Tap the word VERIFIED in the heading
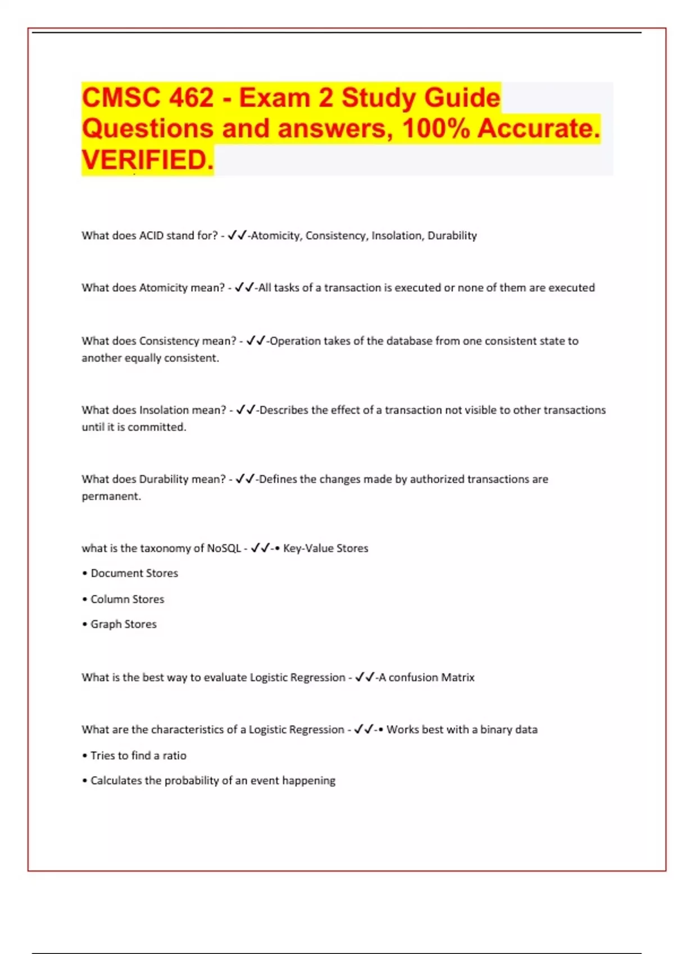coord(147,160)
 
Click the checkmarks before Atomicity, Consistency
coord(237,236)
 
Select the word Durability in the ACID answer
coord(452,236)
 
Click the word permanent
coord(111,497)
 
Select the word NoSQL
coord(224,548)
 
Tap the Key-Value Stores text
coord(326,548)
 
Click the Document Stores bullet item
coord(134,574)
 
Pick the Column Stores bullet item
coord(127,599)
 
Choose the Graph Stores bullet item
coord(124,625)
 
